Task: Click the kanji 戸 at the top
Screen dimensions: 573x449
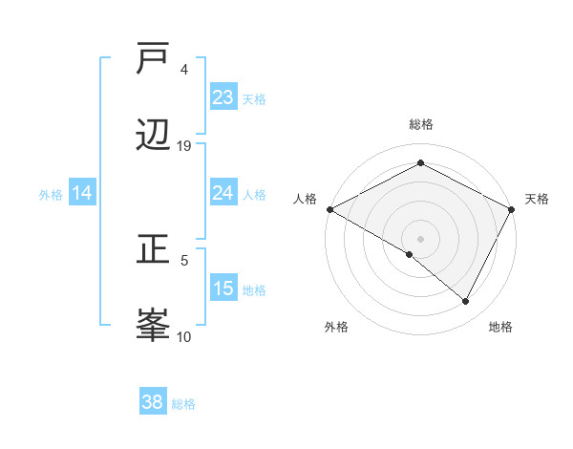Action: click(x=154, y=60)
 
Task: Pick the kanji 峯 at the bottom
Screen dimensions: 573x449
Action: click(x=154, y=324)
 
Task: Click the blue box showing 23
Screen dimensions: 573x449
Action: click(x=223, y=97)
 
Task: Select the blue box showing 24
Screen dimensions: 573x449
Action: click(x=223, y=193)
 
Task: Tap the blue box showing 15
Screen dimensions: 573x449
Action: click(x=223, y=289)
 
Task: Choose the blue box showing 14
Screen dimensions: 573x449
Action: click(x=82, y=193)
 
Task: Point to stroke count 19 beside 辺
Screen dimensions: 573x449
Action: click(x=184, y=146)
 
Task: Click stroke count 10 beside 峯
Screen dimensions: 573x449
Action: click(x=184, y=336)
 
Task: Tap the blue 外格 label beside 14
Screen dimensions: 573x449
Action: click(x=51, y=194)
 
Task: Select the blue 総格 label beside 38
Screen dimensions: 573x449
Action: click(x=183, y=404)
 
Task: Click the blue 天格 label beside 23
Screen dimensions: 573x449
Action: click(x=254, y=98)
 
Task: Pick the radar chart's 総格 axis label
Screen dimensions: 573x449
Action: click(x=421, y=124)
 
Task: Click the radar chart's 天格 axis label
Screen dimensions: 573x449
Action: click(x=538, y=199)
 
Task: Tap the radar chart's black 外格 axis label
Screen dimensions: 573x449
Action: click(x=336, y=327)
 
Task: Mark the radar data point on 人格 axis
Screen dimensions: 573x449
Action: click(x=329, y=209)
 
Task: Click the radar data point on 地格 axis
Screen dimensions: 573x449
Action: click(x=466, y=301)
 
